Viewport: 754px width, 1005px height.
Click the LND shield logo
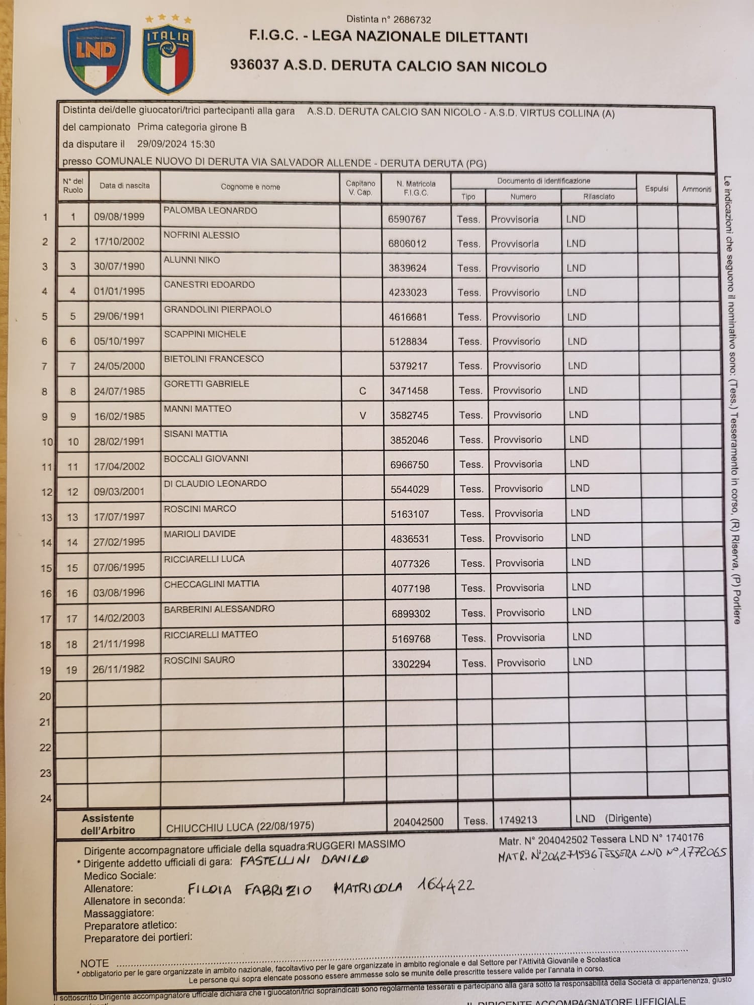click(x=96, y=56)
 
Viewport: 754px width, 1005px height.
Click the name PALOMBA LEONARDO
click(x=210, y=211)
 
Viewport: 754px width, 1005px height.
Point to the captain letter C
click(x=362, y=391)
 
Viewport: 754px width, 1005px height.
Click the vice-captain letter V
click(x=362, y=416)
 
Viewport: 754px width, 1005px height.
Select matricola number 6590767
click(x=407, y=219)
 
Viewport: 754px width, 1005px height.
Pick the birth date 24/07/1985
click(x=119, y=391)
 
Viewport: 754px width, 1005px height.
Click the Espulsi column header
click(x=656, y=189)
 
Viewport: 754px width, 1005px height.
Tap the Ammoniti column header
click(x=696, y=189)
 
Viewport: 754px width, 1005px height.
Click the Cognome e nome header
click(x=250, y=187)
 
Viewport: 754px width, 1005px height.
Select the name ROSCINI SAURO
click(x=199, y=660)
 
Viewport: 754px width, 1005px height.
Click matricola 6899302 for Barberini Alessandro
click(x=411, y=614)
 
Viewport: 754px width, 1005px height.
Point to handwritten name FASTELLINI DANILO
click(x=304, y=860)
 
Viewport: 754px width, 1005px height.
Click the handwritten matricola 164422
click(x=445, y=885)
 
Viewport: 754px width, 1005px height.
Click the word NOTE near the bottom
click(x=95, y=963)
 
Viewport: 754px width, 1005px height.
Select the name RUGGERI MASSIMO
click(x=356, y=845)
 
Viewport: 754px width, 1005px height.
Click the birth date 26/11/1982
click(x=119, y=669)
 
